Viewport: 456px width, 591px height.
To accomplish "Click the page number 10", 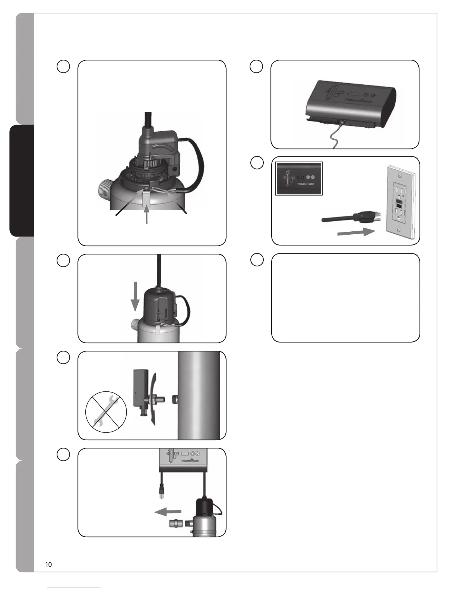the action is click(x=48, y=565).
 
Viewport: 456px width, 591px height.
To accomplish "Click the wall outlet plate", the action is click(x=399, y=201).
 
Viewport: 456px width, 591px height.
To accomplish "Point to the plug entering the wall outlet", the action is click(x=369, y=217).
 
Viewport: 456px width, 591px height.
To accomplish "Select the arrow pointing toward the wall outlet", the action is click(x=355, y=232).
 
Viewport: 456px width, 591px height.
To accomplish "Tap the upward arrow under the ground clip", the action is click(x=147, y=215).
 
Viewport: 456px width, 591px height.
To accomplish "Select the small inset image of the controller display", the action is click(x=298, y=179).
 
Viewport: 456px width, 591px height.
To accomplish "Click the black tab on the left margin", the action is click(x=22, y=181).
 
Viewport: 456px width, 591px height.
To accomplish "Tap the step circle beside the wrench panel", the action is click(x=63, y=357).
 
